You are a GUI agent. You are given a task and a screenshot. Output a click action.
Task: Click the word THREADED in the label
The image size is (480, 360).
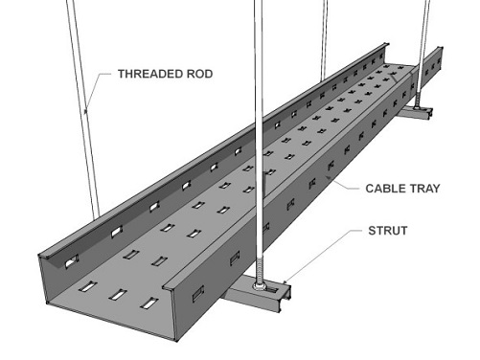click(x=146, y=74)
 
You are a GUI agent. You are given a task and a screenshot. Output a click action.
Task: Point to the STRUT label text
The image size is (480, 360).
click(x=388, y=231)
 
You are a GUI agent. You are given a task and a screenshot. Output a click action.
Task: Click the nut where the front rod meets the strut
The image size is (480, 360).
click(x=259, y=285)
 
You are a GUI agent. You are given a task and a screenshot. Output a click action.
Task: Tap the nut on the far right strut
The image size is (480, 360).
click(x=419, y=107)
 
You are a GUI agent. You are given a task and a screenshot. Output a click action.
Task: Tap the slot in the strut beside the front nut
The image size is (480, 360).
click(x=271, y=290)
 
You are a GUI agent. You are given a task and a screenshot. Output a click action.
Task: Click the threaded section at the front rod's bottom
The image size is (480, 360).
click(x=259, y=270)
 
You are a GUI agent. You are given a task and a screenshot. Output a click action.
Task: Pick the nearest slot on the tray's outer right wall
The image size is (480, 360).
click(x=198, y=295)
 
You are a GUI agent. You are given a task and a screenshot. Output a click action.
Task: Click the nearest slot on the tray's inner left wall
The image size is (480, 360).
click(x=72, y=261)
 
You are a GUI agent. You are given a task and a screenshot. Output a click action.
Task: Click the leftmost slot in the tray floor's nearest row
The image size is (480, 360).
click(x=88, y=286)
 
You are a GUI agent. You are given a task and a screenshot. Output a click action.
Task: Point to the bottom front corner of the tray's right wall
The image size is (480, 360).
click(x=176, y=341)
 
